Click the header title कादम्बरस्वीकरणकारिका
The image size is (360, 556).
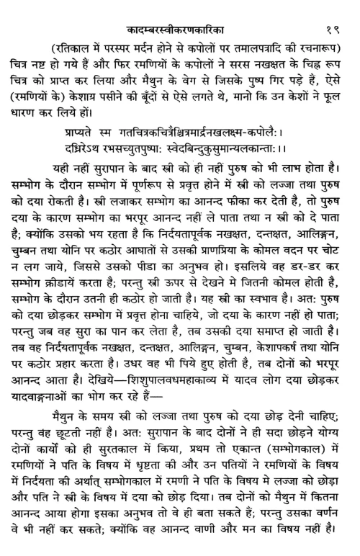179,10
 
